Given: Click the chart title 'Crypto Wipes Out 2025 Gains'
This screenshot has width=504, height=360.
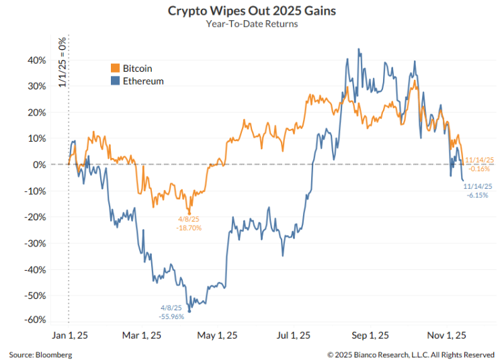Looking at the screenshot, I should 252,11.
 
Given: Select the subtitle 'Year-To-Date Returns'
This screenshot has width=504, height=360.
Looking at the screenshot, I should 252,24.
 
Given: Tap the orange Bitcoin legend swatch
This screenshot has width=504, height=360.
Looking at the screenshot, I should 115,69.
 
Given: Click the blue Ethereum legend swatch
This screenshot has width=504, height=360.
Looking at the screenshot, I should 115,81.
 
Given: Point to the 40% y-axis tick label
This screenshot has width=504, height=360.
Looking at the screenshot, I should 36,60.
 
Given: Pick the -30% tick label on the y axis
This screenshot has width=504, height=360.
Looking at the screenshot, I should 34,243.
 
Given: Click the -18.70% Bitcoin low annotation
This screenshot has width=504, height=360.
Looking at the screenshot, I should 190,228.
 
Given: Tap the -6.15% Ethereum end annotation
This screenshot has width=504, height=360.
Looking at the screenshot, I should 478,195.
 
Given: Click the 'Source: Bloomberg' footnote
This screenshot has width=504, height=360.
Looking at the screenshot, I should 40,354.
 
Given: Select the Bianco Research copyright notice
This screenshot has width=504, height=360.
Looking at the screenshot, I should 411,354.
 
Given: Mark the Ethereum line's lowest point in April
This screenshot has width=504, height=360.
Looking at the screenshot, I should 190,311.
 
